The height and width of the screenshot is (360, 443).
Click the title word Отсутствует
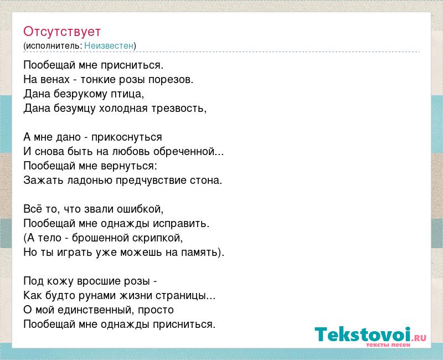pos(62,32)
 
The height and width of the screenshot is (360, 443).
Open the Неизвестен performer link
pos(109,46)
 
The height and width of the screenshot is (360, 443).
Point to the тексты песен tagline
pos(388,345)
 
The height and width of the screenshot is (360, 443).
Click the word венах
pos(55,79)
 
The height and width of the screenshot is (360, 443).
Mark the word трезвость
pos(178,109)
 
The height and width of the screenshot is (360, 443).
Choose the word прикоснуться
pos(127,137)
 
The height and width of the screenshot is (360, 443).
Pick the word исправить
pos(181,224)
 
